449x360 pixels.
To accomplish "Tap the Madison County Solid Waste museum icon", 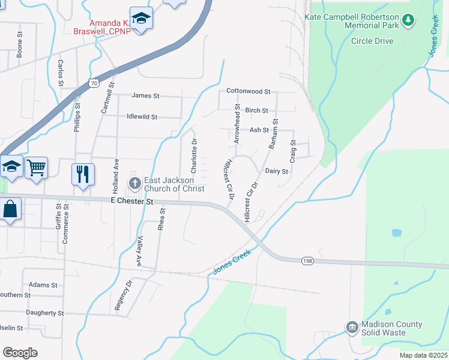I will [x=352, y=326].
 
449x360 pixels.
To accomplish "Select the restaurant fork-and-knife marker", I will [x=83, y=174].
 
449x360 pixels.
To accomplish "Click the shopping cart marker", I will [x=37, y=167].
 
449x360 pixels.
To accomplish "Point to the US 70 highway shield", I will [x=93, y=83].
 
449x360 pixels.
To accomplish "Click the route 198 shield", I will [x=308, y=260].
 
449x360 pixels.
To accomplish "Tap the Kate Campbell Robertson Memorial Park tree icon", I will [x=408, y=20].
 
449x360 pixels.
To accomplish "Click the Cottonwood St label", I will [x=249, y=92].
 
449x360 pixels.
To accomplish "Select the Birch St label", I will [x=257, y=110].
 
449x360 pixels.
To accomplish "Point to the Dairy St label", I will [x=277, y=172].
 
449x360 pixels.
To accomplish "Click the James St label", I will [x=146, y=95].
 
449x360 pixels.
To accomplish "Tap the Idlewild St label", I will [x=142, y=117].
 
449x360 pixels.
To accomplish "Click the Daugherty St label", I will [x=44, y=313].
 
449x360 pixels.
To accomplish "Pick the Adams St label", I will [x=43, y=286].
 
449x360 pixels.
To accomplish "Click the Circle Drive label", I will [x=372, y=41].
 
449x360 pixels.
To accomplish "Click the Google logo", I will [x=20, y=352].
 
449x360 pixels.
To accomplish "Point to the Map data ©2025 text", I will [x=423, y=355].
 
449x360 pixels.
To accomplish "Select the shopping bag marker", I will [x=10, y=211].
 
